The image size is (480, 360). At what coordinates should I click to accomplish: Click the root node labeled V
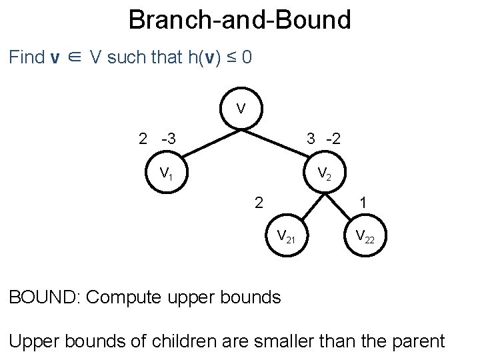(x=241, y=109)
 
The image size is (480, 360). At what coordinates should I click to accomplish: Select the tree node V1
(x=166, y=174)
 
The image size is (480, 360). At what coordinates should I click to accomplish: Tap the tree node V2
(x=325, y=174)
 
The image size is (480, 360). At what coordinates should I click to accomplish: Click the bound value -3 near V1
(x=169, y=139)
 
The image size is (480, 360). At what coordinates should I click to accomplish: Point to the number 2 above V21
(x=258, y=201)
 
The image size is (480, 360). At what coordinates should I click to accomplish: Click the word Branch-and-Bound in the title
(x=239, y=20)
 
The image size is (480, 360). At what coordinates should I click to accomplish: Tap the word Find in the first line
(x=27, y=57)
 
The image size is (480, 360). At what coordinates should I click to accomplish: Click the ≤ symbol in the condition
(x=229, y=57)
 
